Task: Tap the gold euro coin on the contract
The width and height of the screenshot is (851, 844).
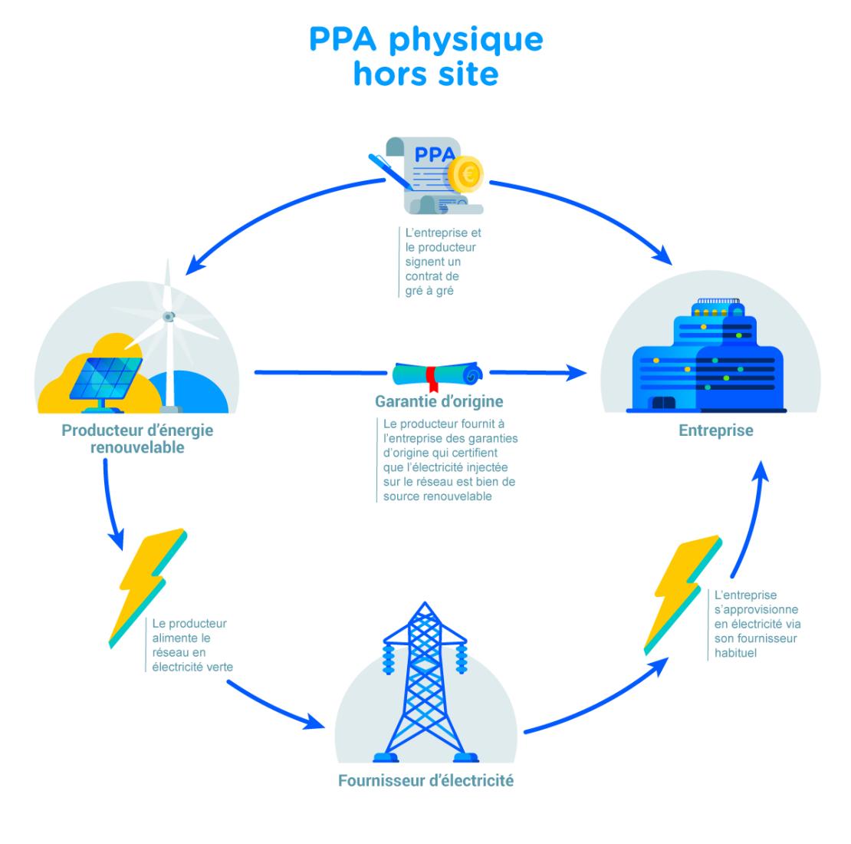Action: [465, 174]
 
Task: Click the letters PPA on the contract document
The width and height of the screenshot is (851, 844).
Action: [434, 154]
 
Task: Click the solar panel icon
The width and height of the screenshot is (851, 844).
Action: [105, 376]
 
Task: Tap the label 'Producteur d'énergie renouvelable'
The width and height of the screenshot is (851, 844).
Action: [137, 438]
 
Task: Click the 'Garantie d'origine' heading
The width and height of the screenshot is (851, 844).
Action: [439, 401]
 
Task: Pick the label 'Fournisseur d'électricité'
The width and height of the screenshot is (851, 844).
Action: [426, 782]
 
